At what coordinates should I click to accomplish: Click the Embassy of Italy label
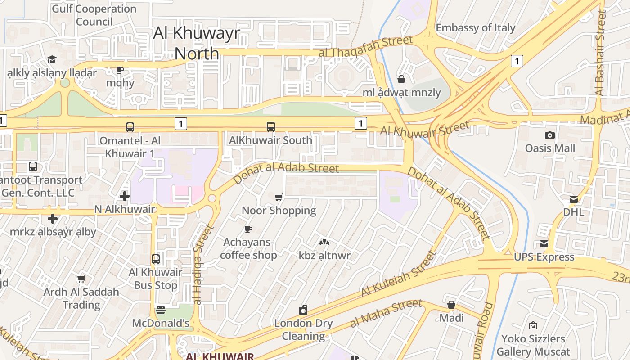click(x=475, y=28)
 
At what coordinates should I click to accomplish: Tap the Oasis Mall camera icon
click(x=549, y=135)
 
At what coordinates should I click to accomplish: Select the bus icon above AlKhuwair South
click(x=270, y=127)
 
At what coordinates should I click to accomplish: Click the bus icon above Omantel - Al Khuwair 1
click(x=130, y=127)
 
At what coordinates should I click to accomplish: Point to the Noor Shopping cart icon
click(x=279, y=197)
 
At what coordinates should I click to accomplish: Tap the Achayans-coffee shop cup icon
click(x=248, y=229)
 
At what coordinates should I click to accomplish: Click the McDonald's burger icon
click(x=161, y=310)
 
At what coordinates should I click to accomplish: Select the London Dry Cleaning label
click(x=303, y=329)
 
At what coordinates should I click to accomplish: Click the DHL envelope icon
click(x=574, y=199)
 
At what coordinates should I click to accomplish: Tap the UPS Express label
click(x=544, y=257)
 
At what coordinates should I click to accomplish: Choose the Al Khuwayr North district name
click(x=197, y=43)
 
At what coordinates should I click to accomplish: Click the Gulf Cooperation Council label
click(x=94, y=15)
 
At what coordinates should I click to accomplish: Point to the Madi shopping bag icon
click(x=451, y=305)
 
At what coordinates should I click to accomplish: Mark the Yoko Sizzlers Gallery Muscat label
click(x=533, y=345)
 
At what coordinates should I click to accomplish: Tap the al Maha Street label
click(x=386, y=313)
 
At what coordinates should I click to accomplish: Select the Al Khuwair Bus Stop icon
click(x=156, y=259)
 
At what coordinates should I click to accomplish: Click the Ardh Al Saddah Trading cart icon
click(x=81, y=279)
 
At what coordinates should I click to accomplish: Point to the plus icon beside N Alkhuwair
click(x=125, y=196)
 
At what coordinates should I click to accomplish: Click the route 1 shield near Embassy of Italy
click(x=517, y=61)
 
